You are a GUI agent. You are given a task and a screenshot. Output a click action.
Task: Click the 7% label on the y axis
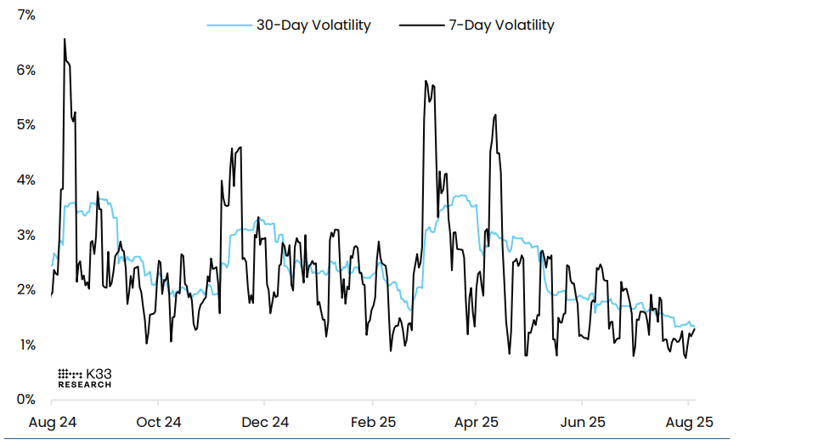point(24,15)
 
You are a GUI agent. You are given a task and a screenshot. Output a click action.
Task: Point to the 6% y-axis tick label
point(25,70)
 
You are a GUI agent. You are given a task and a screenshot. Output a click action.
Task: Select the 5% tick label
point(25,125)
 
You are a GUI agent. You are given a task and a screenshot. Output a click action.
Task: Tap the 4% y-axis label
point(25,180)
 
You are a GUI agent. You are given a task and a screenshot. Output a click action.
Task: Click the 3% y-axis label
point(25,235)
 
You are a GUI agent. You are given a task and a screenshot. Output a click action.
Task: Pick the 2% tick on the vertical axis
point(25,290)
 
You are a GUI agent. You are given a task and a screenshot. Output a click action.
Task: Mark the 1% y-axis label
point(25,344)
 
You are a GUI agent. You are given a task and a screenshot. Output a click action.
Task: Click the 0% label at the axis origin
point(25,399)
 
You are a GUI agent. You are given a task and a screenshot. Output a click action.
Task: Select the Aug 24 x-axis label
point(53,422)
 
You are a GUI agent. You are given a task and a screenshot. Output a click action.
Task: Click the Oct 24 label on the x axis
point(159,422)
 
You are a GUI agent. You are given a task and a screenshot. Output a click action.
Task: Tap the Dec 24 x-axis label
point(266,422)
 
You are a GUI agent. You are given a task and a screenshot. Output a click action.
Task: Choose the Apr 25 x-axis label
point(477,422)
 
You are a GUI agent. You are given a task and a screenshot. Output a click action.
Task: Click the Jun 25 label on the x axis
point(584,422)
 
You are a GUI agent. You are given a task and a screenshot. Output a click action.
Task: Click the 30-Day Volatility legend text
point(313,26)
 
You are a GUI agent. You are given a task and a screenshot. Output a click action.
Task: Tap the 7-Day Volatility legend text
point(501,26)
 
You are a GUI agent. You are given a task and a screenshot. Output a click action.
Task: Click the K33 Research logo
point(84,379)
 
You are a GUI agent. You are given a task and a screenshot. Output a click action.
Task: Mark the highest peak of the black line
point(65,39)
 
